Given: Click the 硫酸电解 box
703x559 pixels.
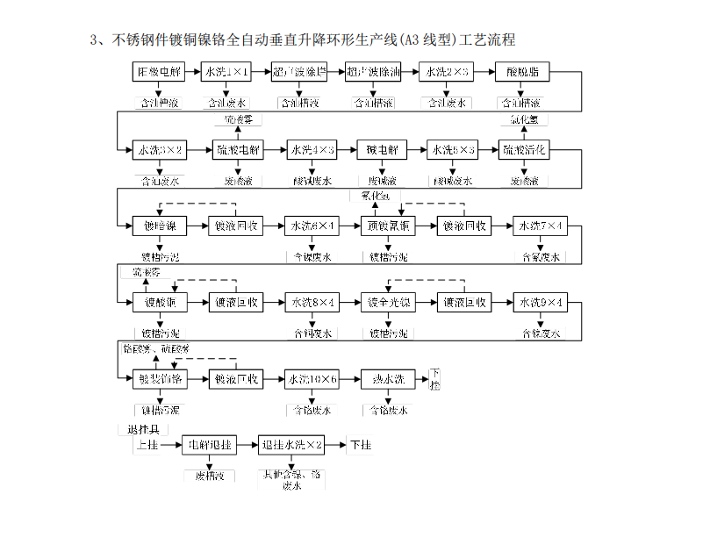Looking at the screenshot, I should [x=239, y=150].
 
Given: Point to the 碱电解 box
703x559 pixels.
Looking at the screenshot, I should [x=382, y=150].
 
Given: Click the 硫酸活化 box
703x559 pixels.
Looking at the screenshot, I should [x=525, y=150].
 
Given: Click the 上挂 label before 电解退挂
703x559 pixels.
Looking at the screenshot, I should [x=147, y=446].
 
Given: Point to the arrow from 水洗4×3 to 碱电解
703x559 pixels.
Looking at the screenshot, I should [x=347, y=150].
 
